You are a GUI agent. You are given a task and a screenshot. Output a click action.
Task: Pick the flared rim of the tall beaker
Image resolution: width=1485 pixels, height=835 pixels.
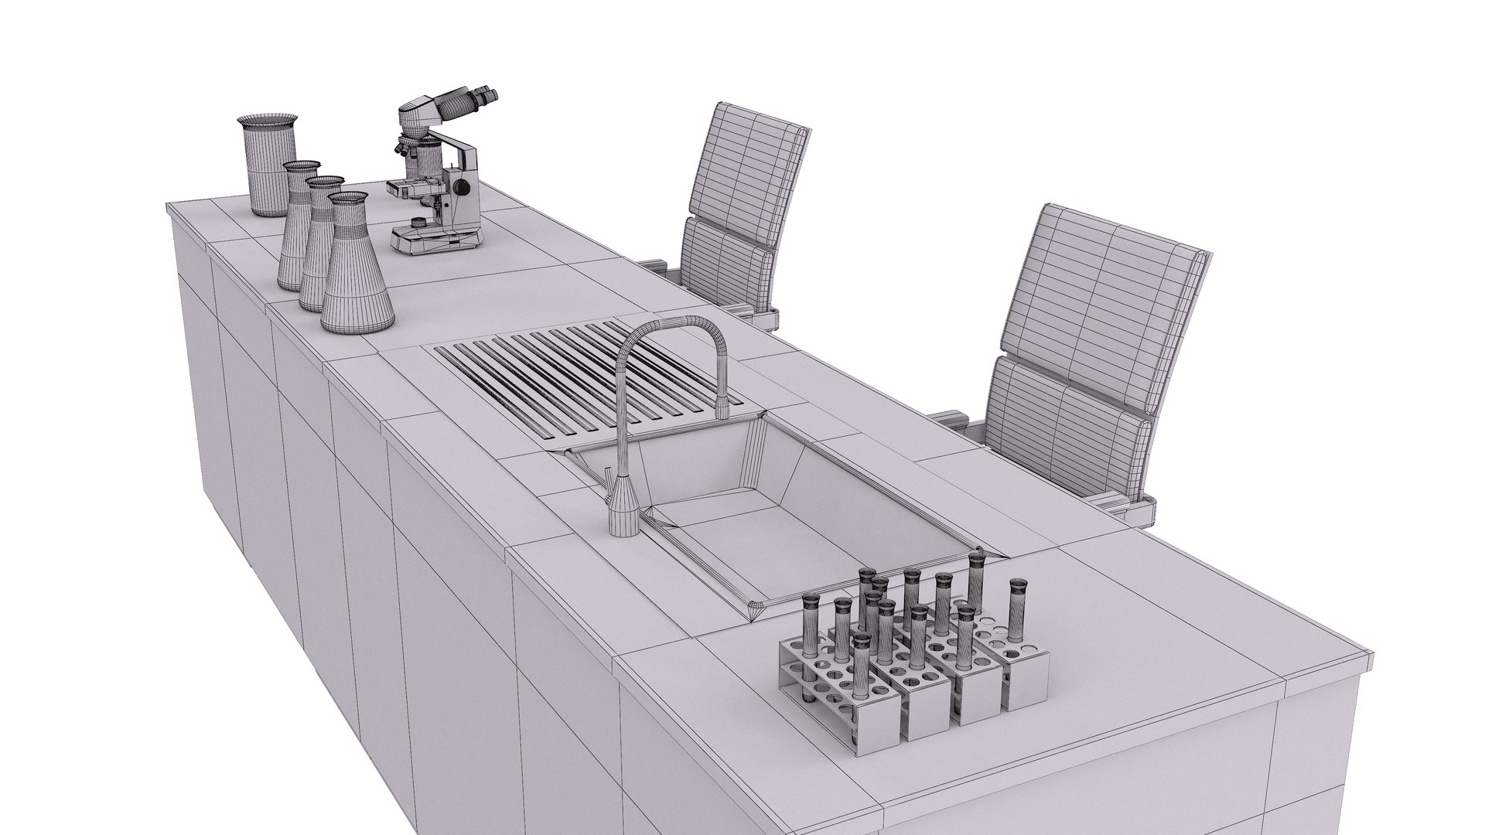267,121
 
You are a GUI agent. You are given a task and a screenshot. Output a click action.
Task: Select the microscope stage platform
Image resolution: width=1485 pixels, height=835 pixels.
410,188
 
